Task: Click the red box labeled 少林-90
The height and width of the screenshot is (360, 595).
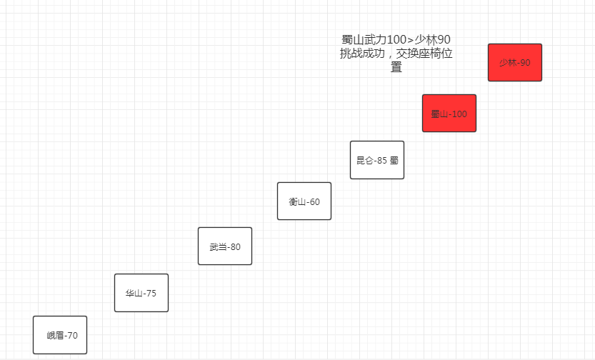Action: pyautogui.click(x=514, y=63)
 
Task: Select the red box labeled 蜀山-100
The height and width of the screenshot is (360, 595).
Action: pyautogui.click(x=449, y=114)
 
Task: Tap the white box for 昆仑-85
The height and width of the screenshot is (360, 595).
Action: pyautogui.click(x=376, y=160)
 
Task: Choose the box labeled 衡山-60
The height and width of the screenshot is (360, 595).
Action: pyautogui.click(x=304, y=201)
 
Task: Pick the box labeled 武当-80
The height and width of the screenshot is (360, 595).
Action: pyautogui.click(x=224, y=246)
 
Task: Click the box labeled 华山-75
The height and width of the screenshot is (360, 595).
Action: pyautogui.click(x=141, y=293)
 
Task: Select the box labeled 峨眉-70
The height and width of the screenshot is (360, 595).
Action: pyautogui.click(x=60, y=335)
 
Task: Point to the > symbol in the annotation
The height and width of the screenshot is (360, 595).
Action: pyautogui.click(x=409, y=40)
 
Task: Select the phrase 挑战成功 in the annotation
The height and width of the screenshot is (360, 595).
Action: pyautogui.click(x=364, y=54)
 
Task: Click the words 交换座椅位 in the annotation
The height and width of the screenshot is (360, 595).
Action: pyautogui.click(x=426, y=54)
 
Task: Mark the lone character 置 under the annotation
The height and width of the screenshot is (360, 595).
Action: pyautogui.click(x=396, y=67)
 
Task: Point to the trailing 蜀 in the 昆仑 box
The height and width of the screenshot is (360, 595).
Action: pyautogui.click(x=394, y=161)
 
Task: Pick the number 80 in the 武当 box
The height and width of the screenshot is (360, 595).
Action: pyautogui.click(x=234, y=247)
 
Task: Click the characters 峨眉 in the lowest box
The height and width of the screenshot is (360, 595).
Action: pyautogui.click(x=55, y=335)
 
